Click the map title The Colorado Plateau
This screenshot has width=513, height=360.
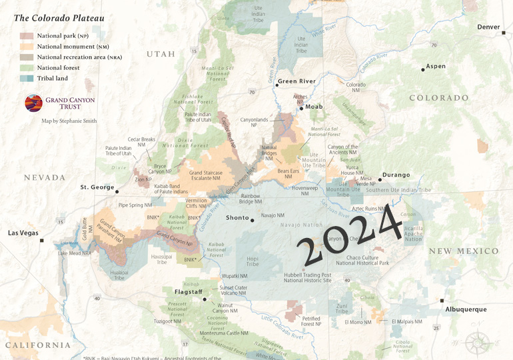coord(59,18)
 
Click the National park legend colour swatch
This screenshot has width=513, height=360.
coord(27,35)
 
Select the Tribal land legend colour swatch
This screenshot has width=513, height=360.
coord(27,78)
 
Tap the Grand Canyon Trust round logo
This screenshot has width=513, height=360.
coord(33,103)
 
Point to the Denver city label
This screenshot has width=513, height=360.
coord(488,27)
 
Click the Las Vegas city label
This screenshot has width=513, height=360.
coord(23,233)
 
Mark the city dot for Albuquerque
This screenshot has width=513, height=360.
coord(442,301)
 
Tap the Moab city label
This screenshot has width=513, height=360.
coord(314,107)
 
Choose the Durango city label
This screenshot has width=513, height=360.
coord(396,175)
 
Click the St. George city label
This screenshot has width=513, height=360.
coord(97,187)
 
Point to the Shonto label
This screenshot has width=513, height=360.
coord(237,218)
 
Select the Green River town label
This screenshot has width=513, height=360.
coord(296,81)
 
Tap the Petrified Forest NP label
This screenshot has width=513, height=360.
coord(311,321)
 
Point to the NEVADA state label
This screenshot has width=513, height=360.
coord(45,177)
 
